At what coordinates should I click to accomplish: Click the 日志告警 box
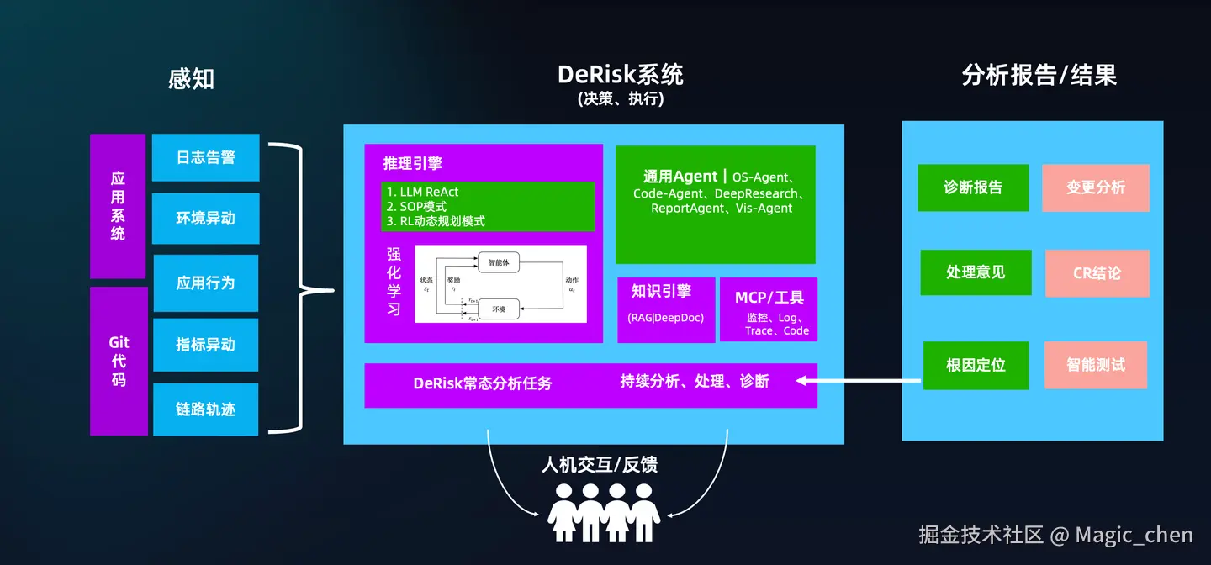pos(205,157)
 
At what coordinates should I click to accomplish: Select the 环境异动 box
pos(205,219)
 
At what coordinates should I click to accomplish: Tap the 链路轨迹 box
pos(205,409)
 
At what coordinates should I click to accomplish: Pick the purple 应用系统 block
pos(118,206)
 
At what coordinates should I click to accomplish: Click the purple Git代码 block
pos(119,361)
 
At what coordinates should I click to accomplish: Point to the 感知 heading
pos(192,79)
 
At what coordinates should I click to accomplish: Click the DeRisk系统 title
pos(620,75)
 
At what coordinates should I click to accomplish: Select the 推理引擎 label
pos(413,163)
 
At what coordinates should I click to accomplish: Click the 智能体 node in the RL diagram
pos(499,262)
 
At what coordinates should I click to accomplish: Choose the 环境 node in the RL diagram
pos(499,309)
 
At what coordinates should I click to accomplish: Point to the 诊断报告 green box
pos(973,187)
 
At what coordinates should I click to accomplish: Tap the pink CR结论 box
pos(1097,273)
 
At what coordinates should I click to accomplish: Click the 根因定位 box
pos(976,366)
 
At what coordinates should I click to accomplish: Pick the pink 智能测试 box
pos(1096,365)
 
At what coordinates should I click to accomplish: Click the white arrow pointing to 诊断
pos(858,381)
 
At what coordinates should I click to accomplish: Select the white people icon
pos(603,512)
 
